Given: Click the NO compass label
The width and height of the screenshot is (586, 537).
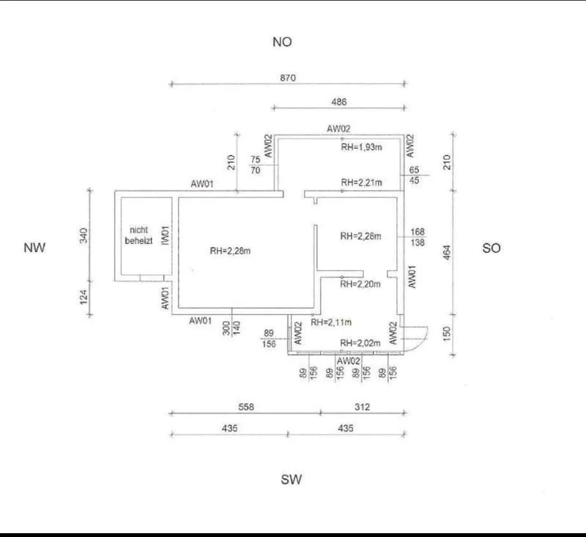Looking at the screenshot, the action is pos(282,42).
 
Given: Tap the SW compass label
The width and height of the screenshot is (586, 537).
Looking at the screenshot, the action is pos(291,480).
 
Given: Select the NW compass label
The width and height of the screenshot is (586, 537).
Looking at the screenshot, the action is pos(34,248).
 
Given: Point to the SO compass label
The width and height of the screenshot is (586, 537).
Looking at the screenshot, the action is pos(491,248).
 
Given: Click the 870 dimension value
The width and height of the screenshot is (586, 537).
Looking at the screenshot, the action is pos(288,78).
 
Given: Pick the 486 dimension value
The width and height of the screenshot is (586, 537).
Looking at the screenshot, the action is pos(339,102).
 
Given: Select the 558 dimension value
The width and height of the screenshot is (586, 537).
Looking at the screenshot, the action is pos(246,407).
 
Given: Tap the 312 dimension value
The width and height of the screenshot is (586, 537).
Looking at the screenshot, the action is pos(362,407).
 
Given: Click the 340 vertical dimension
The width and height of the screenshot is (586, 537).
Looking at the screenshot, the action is pos(83,235).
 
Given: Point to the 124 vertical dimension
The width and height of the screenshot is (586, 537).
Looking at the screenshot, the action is pos(83,297).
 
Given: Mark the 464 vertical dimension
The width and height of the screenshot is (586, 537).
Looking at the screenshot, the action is pos(447,253).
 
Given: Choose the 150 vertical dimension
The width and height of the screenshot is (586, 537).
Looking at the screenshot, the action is pos(447,333).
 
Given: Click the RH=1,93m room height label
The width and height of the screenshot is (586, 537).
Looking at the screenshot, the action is pos(361,147).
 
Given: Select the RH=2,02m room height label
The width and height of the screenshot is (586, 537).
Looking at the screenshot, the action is pos(360,343).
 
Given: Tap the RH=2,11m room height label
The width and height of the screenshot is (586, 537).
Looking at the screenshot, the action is pos(331,322).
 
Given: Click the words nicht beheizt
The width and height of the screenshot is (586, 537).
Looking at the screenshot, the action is pos(139,235).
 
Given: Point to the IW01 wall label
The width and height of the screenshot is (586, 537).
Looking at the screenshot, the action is pos(165,236).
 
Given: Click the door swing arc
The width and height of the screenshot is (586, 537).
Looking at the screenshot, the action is pos(422,339).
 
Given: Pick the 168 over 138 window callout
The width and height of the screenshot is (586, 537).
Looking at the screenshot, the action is pos(417,237).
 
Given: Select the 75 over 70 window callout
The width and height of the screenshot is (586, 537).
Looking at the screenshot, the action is pos(256,165).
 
